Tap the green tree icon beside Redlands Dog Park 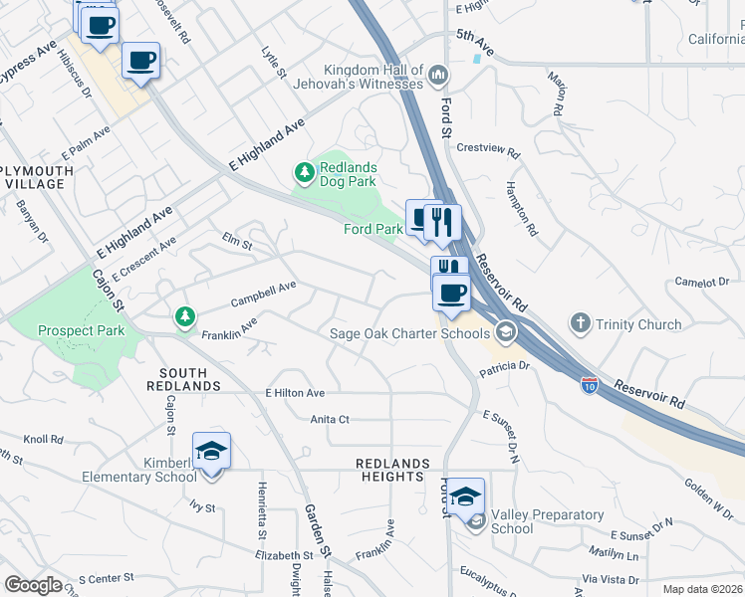pyautogui.click(x=304, y=174)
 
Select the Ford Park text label pyautogui.click(x=372, y=229)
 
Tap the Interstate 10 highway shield pyautogui.click(x=590, y=382)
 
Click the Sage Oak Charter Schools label pyautogui.click(x=411, y=333)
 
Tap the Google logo pyautogui.click(x=33, y=585)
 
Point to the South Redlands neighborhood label pyautogui.click(x=183, y=378)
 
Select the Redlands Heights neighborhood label pyautogui.click(x=393, y=471)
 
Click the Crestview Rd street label pyautogui.click(x=488, y=151)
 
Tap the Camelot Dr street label pyautogui.click(x=702, y=283)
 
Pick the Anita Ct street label pyautogui.click(x=330, y=419)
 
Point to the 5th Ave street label pyautogui.click(x=475, y=48)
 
